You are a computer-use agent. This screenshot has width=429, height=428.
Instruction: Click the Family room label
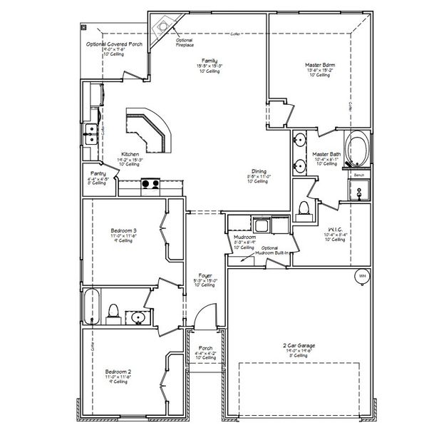210,61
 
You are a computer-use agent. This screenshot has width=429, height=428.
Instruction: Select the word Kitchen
130,154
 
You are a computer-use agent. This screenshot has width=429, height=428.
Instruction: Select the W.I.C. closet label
334,230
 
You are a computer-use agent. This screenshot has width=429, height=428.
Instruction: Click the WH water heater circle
362,275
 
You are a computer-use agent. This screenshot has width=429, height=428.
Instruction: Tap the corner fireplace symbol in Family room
164,27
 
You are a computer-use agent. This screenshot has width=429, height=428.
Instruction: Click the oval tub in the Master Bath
357,148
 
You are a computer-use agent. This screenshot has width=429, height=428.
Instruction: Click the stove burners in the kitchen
150,183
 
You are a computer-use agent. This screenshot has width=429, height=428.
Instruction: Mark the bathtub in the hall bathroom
91,306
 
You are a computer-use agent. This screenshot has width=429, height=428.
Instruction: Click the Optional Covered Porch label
114,44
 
